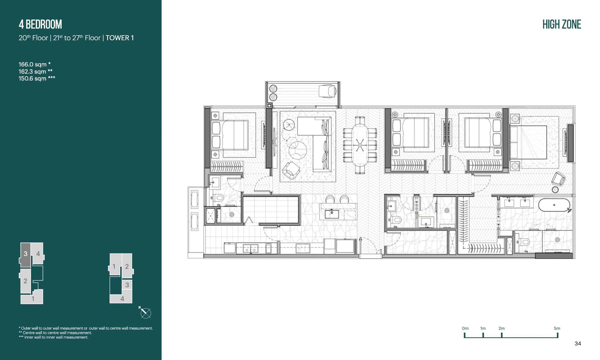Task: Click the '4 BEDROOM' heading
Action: click(x=40, y=24)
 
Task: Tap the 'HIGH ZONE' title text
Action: click(x=562, y=24)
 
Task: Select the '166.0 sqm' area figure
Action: click(x=32, y=64)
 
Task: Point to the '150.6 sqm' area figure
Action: click(x=32, y=78)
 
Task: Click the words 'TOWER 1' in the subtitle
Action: click(x=120, y=38)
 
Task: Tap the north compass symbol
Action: click(x=145, y=313)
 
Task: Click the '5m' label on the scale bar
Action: click(x=557, y=328)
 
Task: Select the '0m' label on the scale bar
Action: click(x=465, y=328)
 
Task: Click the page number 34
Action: click(x=578, y=344)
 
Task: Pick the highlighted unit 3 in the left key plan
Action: click(x=25, y=254)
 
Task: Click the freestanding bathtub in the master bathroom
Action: click(x=554, y=205)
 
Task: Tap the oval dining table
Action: click(x=360, y=145)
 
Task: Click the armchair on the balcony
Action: click(x=327, y=91)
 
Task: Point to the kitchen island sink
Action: click(x=332, y=214)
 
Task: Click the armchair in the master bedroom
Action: click(x=558, y=179)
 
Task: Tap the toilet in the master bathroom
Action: click(x=524, y=242)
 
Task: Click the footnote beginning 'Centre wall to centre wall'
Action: click(x=55, y=332)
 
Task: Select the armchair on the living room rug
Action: click(x=291, y=170)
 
